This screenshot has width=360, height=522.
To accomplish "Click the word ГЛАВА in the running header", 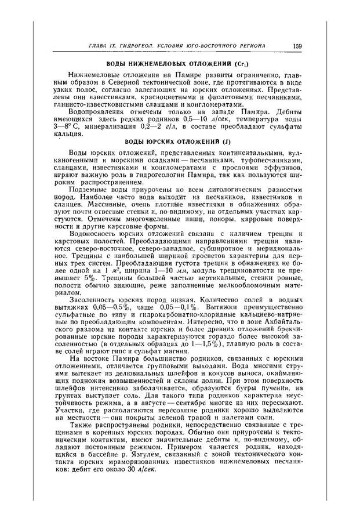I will pos(99,46).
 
